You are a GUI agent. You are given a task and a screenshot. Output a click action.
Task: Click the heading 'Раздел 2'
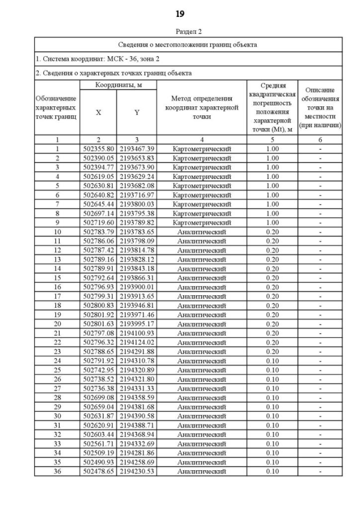click(188, 31)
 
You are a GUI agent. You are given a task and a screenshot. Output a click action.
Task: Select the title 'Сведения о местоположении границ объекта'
click(188, 44)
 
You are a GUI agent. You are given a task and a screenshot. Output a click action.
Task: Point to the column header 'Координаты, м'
click(118, 84)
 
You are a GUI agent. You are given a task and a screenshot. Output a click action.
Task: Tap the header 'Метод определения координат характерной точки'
click(201, 107)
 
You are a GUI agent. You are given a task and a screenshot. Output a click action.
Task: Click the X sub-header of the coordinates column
click(98, 112)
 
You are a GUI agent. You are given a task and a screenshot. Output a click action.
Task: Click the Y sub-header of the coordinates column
click(137, 112)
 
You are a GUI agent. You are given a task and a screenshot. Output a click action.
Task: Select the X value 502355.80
click(98, 149)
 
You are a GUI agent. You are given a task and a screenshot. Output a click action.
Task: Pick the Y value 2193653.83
click(137, 158)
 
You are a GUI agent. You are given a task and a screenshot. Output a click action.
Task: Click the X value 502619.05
click(98, 177)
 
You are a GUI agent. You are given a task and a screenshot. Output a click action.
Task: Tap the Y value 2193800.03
click(137, 204)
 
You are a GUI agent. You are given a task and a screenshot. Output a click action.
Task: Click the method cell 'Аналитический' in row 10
click(201, 232)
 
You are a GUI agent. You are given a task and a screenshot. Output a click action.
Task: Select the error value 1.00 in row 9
click(272, 223)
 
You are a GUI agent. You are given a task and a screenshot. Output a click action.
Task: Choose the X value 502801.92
click(98, 314)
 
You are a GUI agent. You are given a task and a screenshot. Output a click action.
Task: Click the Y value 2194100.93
click(137, 333)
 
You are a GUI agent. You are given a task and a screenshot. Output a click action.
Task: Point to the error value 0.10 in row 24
click(272, 361)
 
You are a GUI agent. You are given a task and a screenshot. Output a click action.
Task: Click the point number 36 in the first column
click(57, 471)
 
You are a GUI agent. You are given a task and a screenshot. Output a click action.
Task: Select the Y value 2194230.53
click(137, 471)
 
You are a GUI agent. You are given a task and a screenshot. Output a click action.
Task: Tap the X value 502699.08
click(98, 398)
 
